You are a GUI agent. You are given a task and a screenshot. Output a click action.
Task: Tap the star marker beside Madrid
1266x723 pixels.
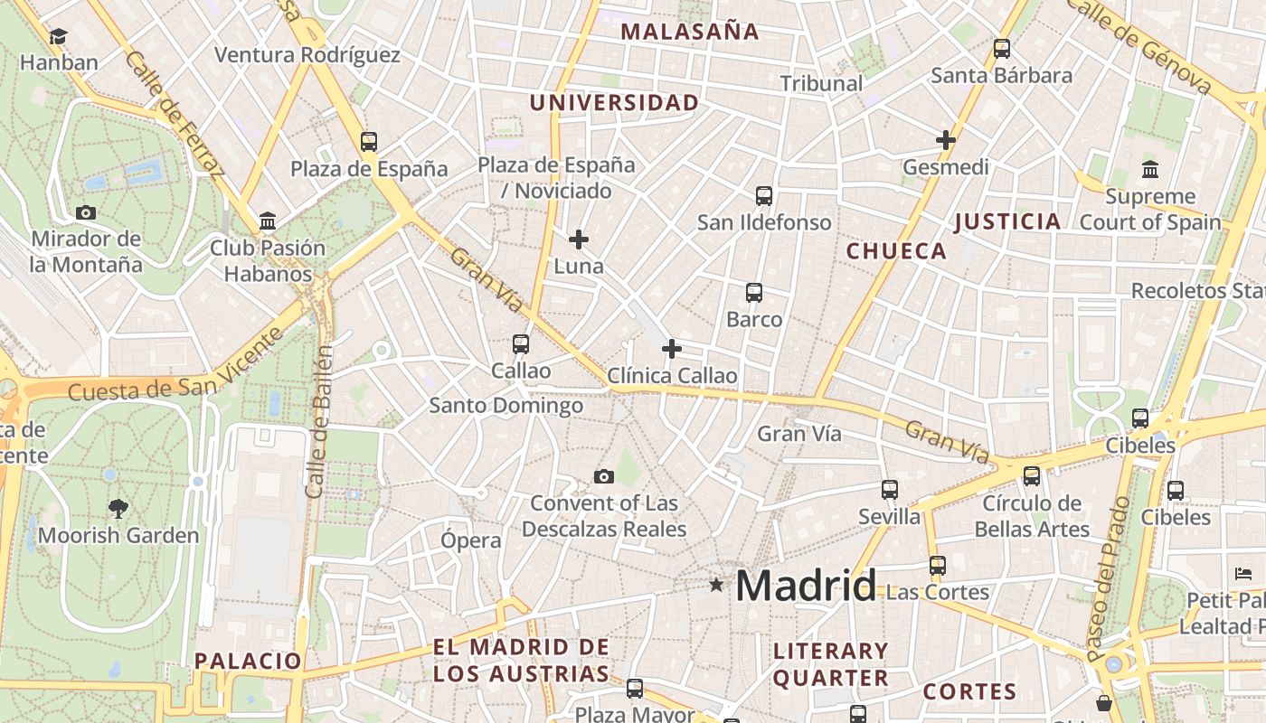pos(716,585)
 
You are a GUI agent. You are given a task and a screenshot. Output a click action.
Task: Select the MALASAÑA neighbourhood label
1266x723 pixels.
pos(689,32)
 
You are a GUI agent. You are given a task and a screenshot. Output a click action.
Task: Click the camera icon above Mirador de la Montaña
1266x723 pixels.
pos(86,212)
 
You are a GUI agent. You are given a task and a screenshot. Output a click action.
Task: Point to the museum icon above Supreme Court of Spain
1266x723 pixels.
pos(1150,169)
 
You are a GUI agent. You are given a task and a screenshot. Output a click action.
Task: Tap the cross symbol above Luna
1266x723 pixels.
pos(579,239)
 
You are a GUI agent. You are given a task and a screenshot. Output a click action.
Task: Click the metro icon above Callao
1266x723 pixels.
pos(520,343)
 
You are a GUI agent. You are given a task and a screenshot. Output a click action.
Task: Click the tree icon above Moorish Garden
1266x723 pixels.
pos(118,508)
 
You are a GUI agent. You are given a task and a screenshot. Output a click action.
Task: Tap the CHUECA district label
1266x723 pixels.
pos(896,251)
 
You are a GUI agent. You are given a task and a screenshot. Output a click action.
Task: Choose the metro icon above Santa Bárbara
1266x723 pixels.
pos(1001,49)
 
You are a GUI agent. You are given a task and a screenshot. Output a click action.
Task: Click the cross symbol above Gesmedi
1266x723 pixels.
pos(946,140)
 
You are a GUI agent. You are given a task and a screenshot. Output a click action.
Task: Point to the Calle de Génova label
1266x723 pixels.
pos(1141,45)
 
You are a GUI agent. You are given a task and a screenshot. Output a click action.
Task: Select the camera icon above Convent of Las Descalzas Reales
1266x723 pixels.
pos(603,476)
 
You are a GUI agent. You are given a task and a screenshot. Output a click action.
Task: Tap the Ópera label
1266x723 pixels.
pos(470,540)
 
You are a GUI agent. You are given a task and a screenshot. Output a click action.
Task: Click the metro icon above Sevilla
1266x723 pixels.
pos(890,490)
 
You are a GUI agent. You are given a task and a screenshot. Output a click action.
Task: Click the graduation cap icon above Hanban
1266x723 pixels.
pos(58,36)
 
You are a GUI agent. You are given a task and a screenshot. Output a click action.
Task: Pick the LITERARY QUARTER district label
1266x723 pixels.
pos(830,664)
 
